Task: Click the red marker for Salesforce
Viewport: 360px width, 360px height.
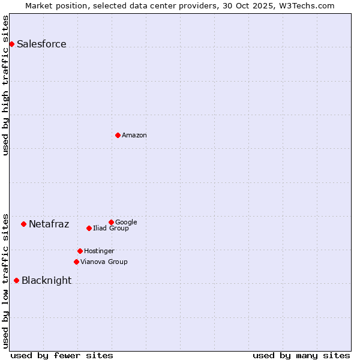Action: point(11,44)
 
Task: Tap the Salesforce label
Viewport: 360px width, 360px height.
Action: point(41,44)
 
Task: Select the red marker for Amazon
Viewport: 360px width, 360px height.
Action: point(118,135)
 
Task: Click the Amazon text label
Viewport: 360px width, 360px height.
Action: point(134,135)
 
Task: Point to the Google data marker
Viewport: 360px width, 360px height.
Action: point(111,222)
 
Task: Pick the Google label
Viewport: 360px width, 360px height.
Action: point(126,222)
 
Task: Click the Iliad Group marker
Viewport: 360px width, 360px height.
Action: point(89,228)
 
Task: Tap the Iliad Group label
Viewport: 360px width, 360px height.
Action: point(110,228)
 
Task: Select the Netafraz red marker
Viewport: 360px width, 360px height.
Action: point(23,224)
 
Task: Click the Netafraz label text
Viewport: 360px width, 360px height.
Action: point(49,224)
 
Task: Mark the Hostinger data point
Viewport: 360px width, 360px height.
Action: point(80,251)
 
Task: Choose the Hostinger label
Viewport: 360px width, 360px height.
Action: point(99,251)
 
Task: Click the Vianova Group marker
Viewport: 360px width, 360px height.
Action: point(76,262)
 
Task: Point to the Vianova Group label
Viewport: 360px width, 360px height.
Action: point(104,262)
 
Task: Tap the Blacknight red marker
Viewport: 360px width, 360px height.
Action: point(16,280)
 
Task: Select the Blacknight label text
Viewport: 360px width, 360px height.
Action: point(46,280)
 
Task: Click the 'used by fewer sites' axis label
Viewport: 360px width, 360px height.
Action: point(62,355)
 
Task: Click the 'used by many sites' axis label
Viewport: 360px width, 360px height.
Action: point(301,355)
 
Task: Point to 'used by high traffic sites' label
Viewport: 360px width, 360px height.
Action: point(6,85)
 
